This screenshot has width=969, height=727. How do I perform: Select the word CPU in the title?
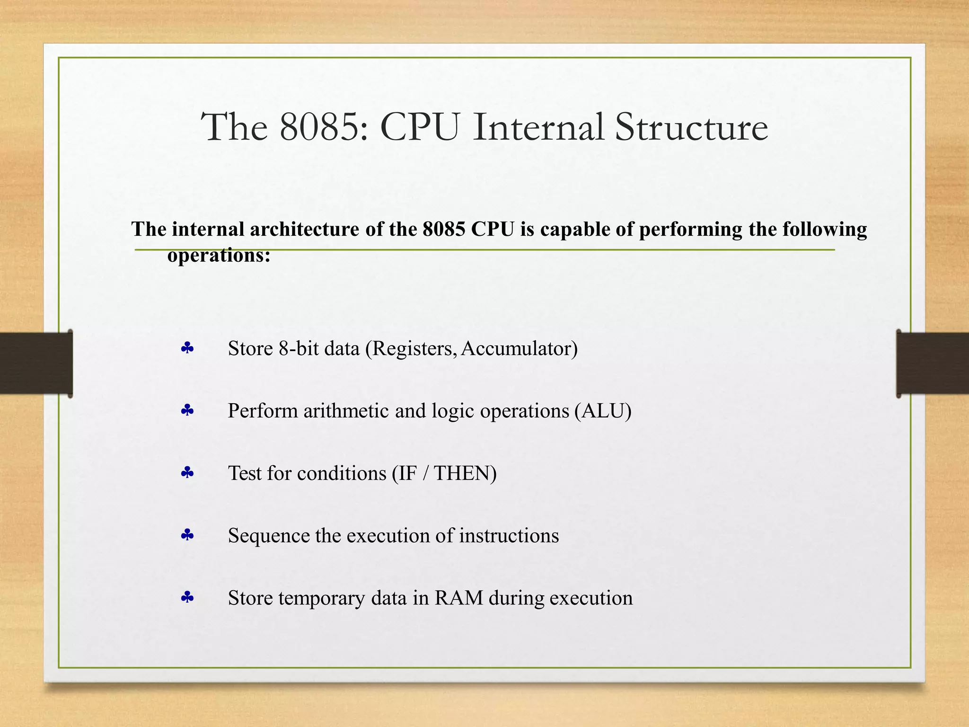(419, 127)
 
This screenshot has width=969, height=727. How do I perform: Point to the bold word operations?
(219, 256)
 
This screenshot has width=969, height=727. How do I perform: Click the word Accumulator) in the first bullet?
(519, 349)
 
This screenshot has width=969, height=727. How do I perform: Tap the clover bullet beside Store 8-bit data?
(187, 349)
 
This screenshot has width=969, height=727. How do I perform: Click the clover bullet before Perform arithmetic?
(187, 410)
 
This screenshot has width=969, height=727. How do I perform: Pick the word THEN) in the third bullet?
(465, 473)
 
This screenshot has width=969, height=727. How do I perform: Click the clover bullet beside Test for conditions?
(187, 473)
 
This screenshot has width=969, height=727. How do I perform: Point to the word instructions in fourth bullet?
(509, 536)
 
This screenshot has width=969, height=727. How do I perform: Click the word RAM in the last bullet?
(458, 598)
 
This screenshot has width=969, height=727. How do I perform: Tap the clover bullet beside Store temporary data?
(187, 598)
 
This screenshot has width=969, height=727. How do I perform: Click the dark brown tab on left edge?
(36, 363)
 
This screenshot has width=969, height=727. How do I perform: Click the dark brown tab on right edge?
(933, 363)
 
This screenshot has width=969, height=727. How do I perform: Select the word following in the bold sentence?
(825, 230)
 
